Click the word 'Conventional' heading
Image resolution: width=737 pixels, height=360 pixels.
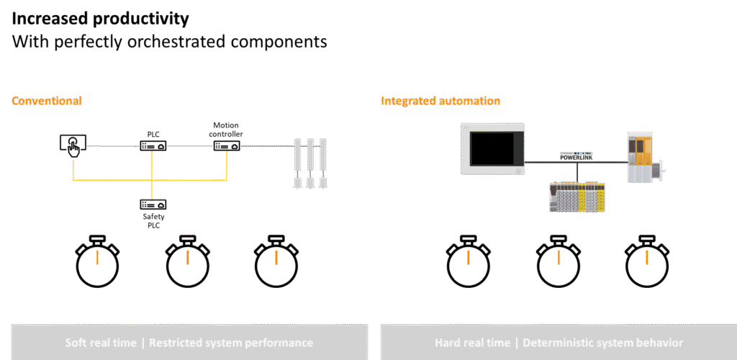click(47, 101)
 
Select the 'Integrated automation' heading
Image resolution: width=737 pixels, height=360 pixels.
click(440, 101)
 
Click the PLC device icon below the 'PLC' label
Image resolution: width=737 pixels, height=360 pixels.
click(153, 145)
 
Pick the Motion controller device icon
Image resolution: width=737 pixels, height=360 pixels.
click(226, 146)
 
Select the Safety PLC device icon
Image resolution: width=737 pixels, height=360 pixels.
click(153, 204)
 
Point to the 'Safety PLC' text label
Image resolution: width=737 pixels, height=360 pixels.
click(153, 219)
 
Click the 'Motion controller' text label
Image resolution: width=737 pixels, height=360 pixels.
click(226, 130)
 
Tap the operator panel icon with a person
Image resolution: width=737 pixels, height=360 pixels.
click(72, 144)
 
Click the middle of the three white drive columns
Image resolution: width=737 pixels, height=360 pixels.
click(310, 163)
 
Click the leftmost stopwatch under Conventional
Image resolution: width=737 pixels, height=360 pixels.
click(97, 262)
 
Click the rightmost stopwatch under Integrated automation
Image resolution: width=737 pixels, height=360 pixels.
click(646, 262)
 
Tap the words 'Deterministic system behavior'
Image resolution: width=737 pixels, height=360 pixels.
click(602, 343)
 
